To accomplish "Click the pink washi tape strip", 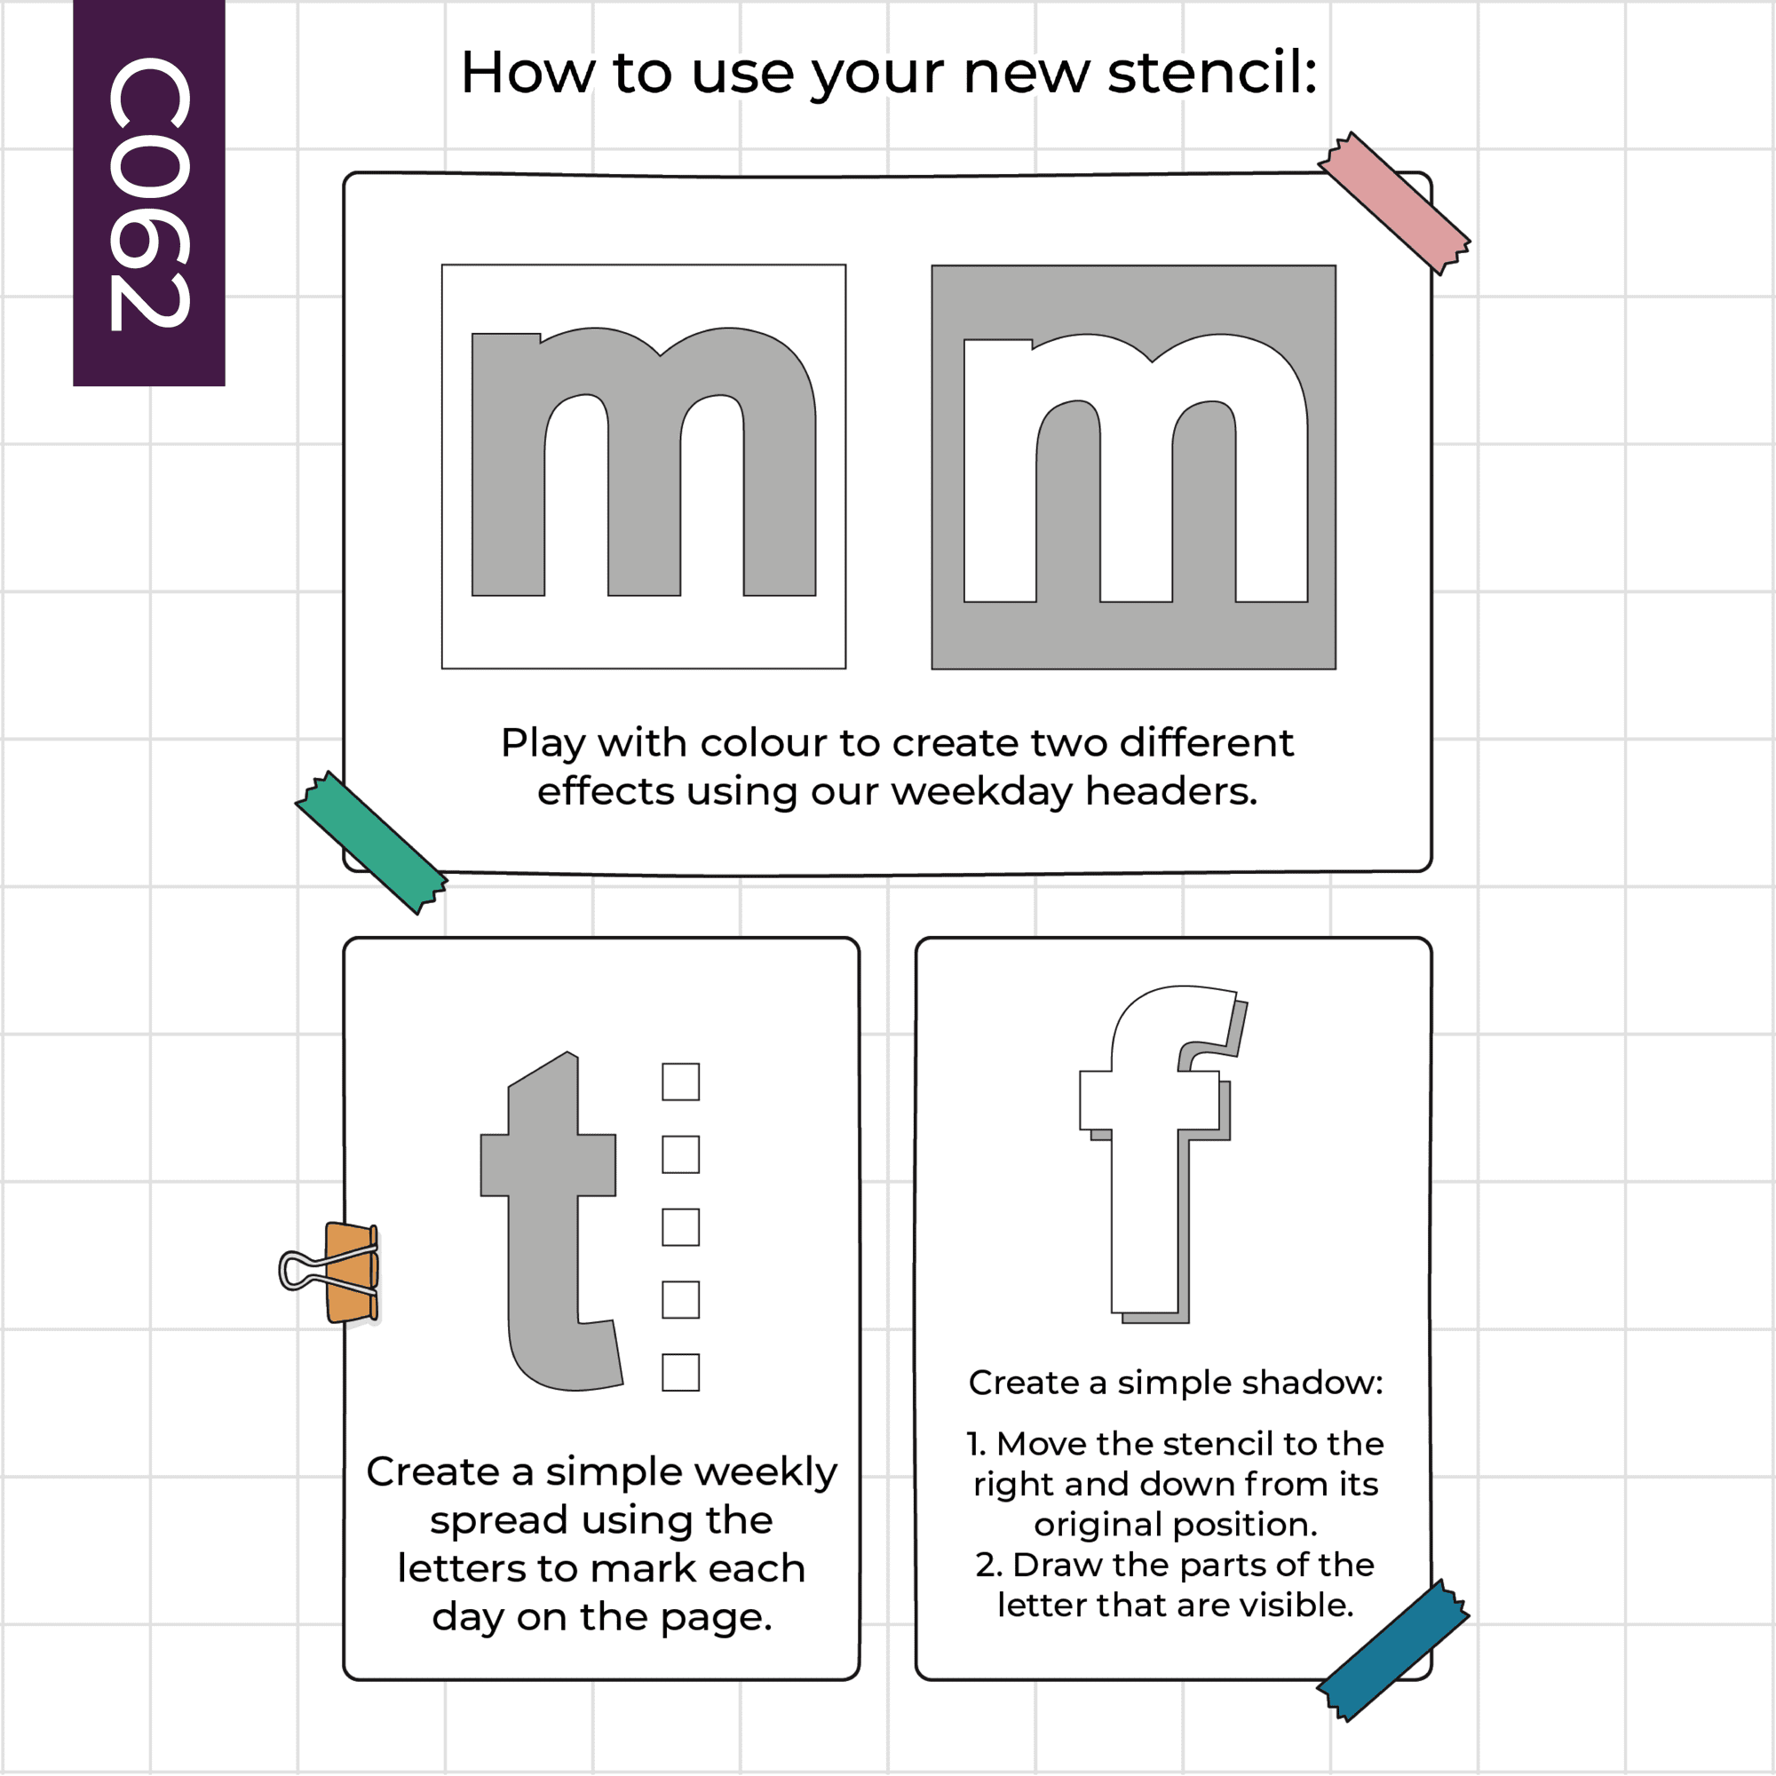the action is coord(1393,203).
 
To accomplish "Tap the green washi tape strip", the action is coord(371,842).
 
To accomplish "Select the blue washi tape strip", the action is coord(1392,1651).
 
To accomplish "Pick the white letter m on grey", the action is coord(1135,468).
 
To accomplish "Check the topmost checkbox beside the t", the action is coord(680,1082).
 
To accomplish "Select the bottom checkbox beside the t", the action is coord(680,1373).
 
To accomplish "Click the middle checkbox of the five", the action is coord(680,1227).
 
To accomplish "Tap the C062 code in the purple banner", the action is coord(149,193).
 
